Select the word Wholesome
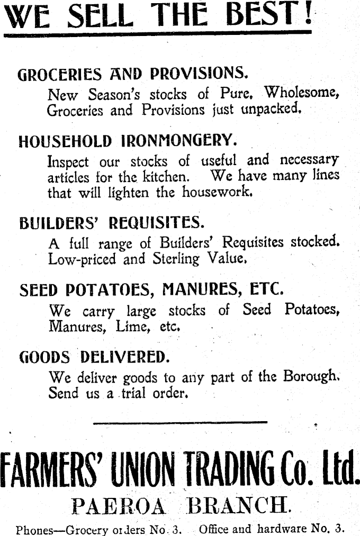pyautogui.click(x=301, y=93)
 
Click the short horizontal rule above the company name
pyautogui.click(x=180, y=422)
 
